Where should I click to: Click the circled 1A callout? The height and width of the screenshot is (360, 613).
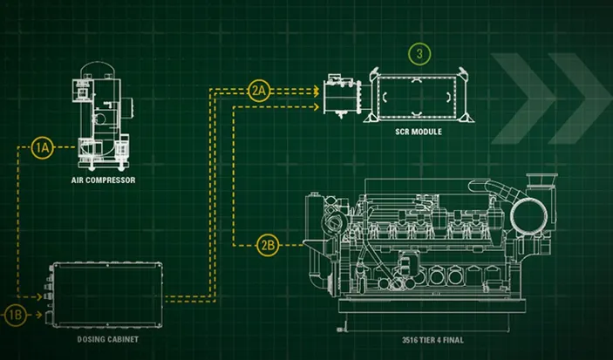pos(42,148)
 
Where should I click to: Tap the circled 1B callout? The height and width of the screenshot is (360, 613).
pos(15,315)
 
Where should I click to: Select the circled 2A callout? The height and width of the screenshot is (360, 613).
pos(259,91)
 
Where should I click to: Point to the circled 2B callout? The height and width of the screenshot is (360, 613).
pos(268,246)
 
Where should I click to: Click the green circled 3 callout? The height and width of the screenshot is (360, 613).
pos(419,54)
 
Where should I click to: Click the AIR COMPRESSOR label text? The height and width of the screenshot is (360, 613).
pos(103,180)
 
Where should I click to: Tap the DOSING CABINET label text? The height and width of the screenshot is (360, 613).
pos(108,339)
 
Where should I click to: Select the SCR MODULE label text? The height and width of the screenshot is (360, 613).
pos(419,132)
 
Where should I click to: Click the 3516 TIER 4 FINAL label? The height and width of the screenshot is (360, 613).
pos(433,340)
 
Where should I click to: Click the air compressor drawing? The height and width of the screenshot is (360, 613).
pos(102,116)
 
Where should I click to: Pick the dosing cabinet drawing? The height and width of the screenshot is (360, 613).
pos(104,295)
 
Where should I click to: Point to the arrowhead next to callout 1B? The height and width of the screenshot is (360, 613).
pos(38,315)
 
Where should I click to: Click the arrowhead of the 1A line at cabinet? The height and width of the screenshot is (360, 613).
pos(38,297)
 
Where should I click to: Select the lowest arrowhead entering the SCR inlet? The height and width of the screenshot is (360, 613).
pos(317,106)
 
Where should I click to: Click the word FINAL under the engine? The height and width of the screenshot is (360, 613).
pos(453,340)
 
